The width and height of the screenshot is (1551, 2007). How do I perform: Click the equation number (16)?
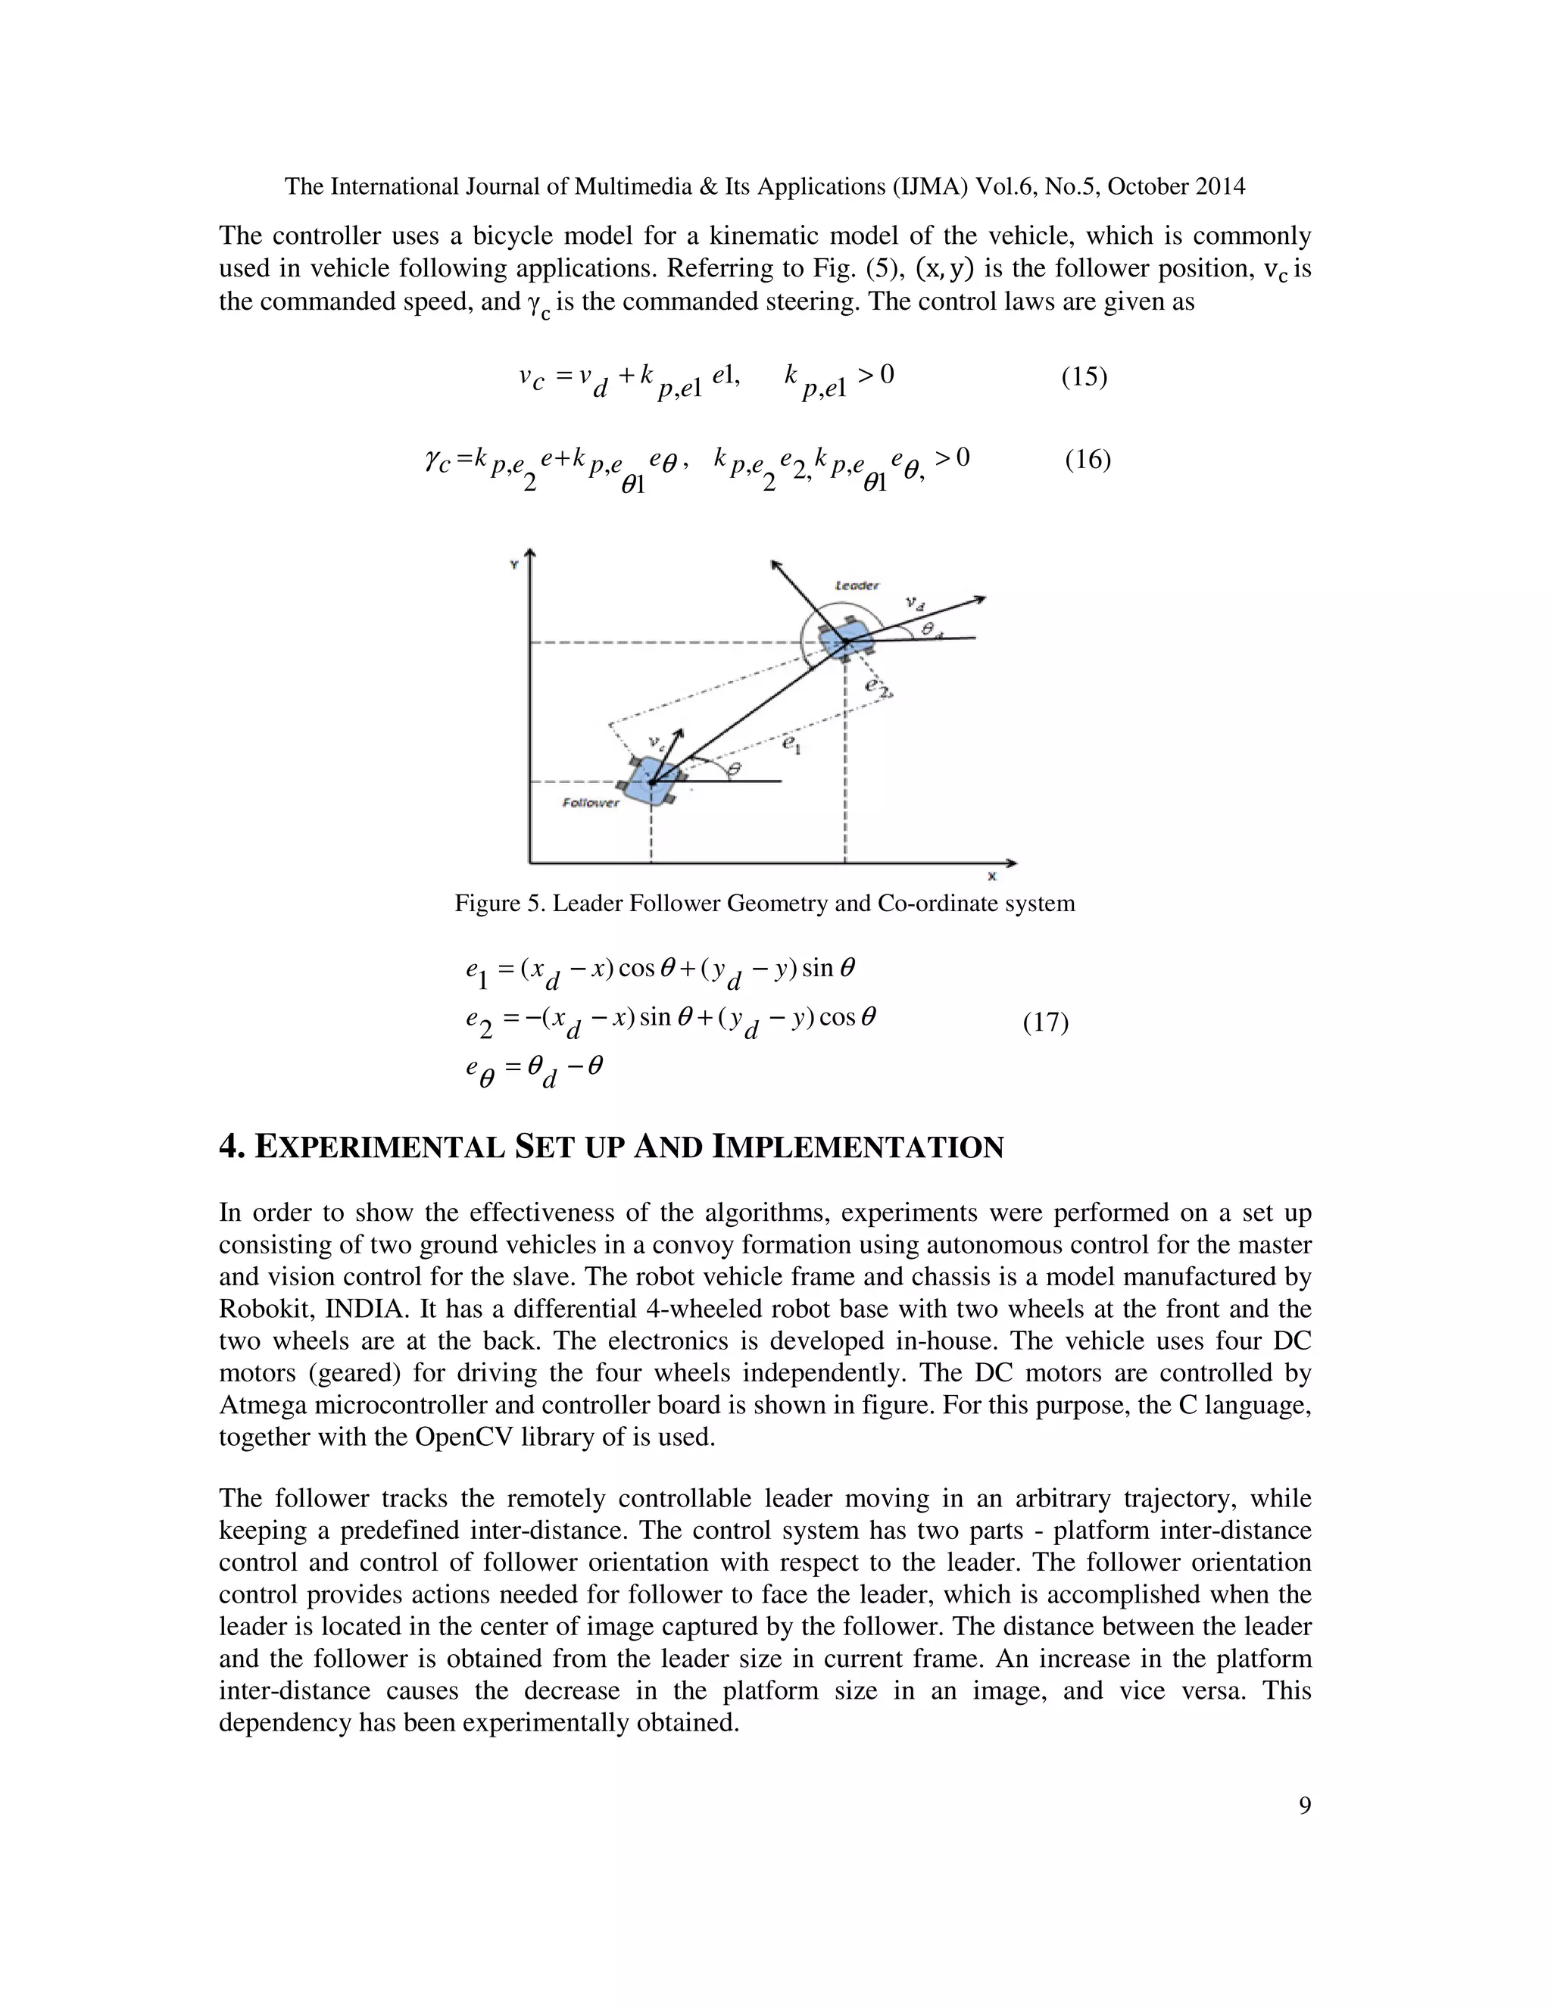(x=1088, y=460)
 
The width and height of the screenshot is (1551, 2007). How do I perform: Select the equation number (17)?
(x=1046, y=1022)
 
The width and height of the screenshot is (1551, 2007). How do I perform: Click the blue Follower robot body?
(x=651, y=780)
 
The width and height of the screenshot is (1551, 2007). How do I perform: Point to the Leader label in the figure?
(x=857, y=585)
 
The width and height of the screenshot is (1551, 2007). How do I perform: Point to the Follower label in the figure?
(x=591, y=803)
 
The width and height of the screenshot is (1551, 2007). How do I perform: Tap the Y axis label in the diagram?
(x=513, y=564)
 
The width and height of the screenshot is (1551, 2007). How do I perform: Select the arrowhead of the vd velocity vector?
(x=981, y=599)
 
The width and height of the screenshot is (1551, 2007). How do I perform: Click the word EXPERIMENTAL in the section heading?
(x=379, y=1147)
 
